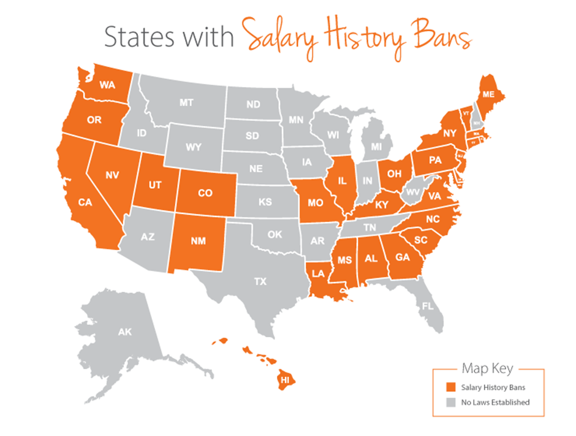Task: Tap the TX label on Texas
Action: pyautogui.click(x=260, y=281)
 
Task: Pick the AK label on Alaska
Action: pyautogui.click(x=125, y=332)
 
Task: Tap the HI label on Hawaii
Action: pyautogui.click(x=284, y=380)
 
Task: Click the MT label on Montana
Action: pyautogui.click(x=187, y=103)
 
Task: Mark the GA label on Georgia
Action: pyautogui.click(x=401, y=256)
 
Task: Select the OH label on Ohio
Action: pyautogui.click(x=395, y=175)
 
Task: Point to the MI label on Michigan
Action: pyautogui.click(x=377, y=148)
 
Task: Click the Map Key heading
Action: pyautogui.click(x=488, y=369)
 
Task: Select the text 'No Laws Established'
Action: pyautogui.click(x=495, y=402)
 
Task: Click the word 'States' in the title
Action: pyautogui.click(x=135, y=37)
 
